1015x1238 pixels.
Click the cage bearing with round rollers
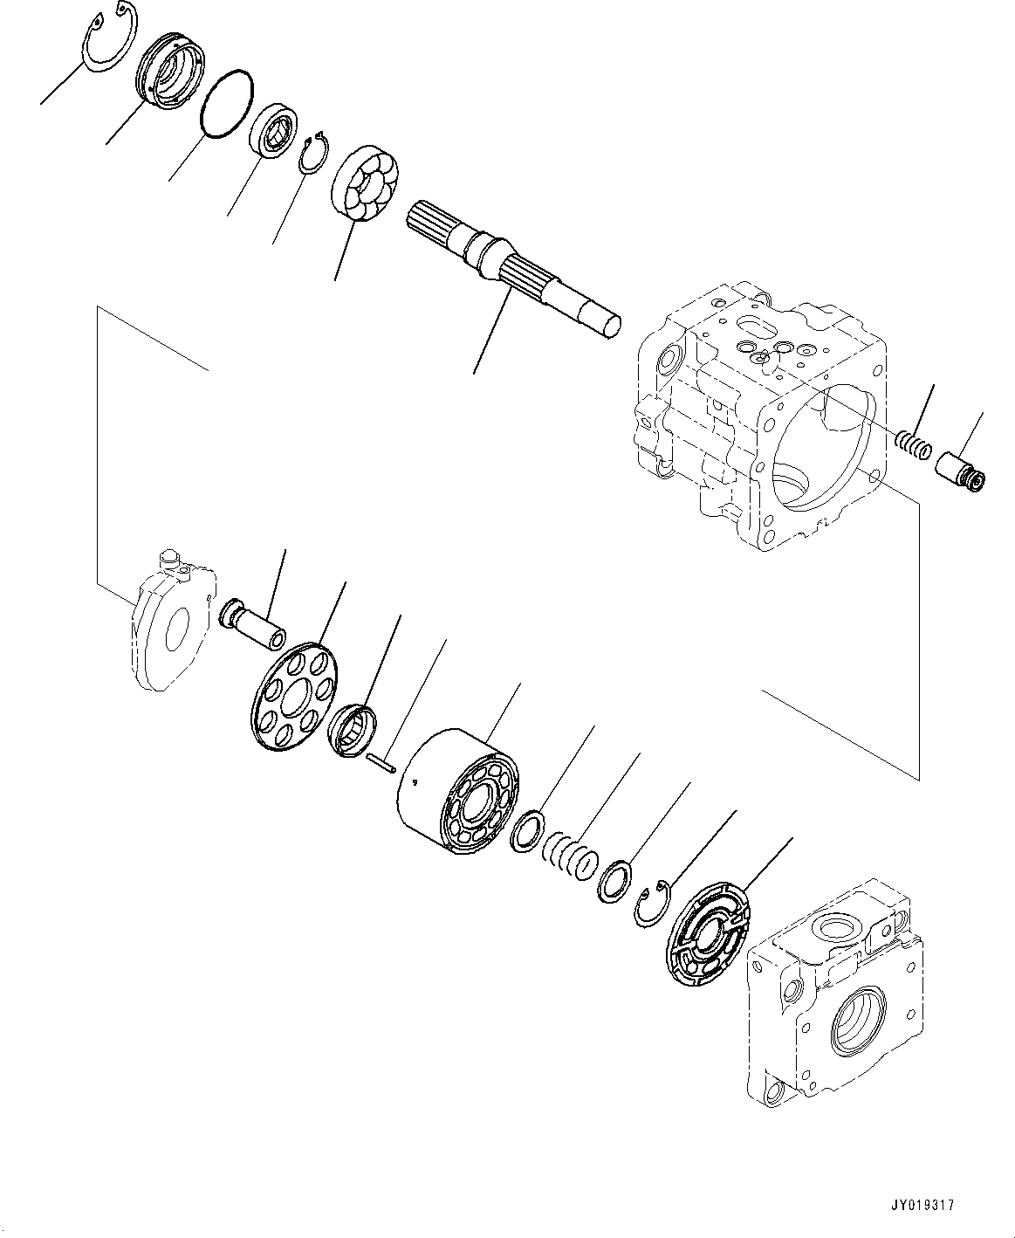[x=366, y=184]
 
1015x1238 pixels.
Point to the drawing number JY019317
[x=924, y=1205]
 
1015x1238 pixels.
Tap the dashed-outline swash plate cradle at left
[x=174, y=621]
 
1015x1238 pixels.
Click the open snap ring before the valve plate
[x=650, y=908]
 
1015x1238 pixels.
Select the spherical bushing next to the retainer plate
[x=353, y=731]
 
